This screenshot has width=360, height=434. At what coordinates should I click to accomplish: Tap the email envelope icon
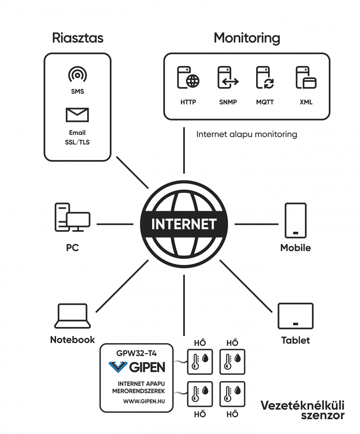click(x=77, y=115)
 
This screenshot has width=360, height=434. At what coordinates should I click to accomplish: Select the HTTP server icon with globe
click(x=188, y=77)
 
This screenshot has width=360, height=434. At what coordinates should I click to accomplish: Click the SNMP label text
click(x=228, y=102)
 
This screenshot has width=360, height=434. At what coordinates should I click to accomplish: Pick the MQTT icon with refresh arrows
click(x=265, y=77)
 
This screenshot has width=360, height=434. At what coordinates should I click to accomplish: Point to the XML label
click(x=306, y=102)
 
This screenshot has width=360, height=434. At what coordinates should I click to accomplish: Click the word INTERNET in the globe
click(x=184, y=224)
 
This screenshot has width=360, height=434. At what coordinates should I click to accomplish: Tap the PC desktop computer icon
click(x=72, y=217)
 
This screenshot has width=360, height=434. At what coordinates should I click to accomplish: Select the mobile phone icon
click(x=296, y=220)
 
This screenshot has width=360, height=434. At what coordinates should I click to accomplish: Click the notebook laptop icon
click(x=72, y=316)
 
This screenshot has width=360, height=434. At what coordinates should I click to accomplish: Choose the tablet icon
click(x=296, y=316)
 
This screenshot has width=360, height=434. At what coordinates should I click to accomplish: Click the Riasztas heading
click(x=77, y=38)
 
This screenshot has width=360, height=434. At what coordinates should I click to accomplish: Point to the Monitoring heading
click(x=247, y=38)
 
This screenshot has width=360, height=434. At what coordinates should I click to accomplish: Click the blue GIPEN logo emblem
click(x=118, y=367)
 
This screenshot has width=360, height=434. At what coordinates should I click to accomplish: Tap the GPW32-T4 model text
click(x=136, y=353)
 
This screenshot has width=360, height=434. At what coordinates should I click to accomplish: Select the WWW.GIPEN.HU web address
click(x=144, y=401)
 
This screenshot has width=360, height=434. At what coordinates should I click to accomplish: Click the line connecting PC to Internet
click(x=115, y=224)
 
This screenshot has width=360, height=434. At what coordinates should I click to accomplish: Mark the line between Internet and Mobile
click(x=257, y=224)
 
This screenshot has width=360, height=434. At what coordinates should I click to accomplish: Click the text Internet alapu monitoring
click(x=247, y=135)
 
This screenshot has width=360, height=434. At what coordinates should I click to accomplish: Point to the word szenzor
click(x=323, y=416)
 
